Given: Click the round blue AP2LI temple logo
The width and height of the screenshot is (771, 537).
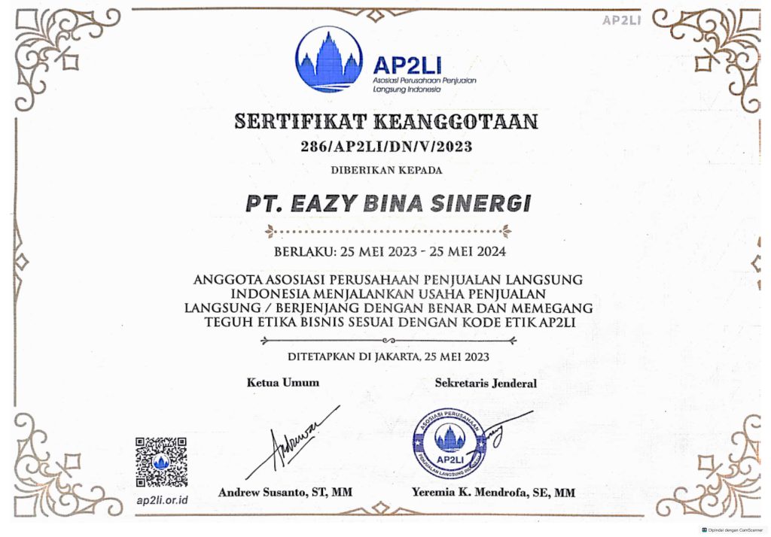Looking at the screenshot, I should click(329, 59).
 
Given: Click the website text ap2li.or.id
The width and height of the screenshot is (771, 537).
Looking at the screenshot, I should click(162, 500).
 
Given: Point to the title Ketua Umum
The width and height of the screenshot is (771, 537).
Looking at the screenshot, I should click(283, 382).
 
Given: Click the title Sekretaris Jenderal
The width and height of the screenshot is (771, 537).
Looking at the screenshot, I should click(486, 383).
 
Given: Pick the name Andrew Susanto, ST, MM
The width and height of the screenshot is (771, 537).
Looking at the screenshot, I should click(285, 493).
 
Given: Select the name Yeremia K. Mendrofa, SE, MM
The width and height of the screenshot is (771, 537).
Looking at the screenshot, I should click(493, 493).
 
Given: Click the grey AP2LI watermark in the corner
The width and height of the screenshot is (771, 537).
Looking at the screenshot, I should click(621, 20).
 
